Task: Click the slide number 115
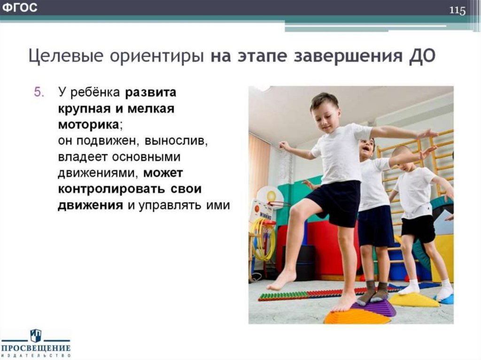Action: coord(458,10)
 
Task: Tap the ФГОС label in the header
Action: coord(20,8)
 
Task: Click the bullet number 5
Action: coord(38,92)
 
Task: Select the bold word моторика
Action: coord(88,125)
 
